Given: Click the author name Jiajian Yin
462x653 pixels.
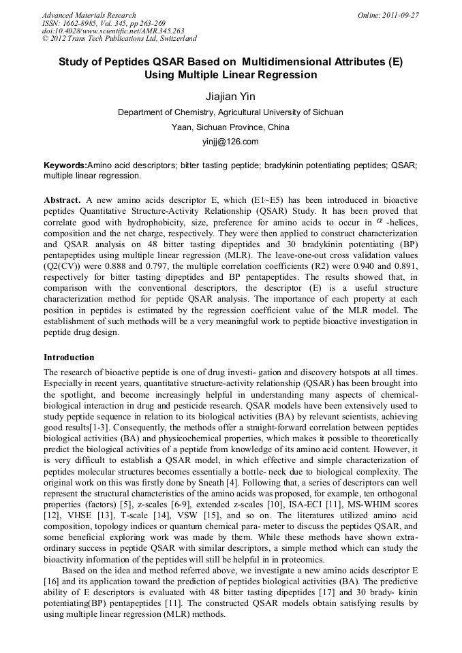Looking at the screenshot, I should pyautogui.click(x=230, y=97).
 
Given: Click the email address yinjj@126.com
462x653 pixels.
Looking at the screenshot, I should pyautogui.click(x=230, y=142).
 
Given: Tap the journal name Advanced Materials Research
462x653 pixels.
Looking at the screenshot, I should pyautogui.click(x=89, y=15).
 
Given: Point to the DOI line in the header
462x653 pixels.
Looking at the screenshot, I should pyautogui.click(x=113, y=31).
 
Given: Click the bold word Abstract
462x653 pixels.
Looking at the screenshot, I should pyautogui.click(x=63, y=200).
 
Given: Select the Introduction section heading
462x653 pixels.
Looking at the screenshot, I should pyautogui.click(x=69, y=357).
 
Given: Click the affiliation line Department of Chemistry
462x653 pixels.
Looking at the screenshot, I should pyautogui.click(x=230, y=112).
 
